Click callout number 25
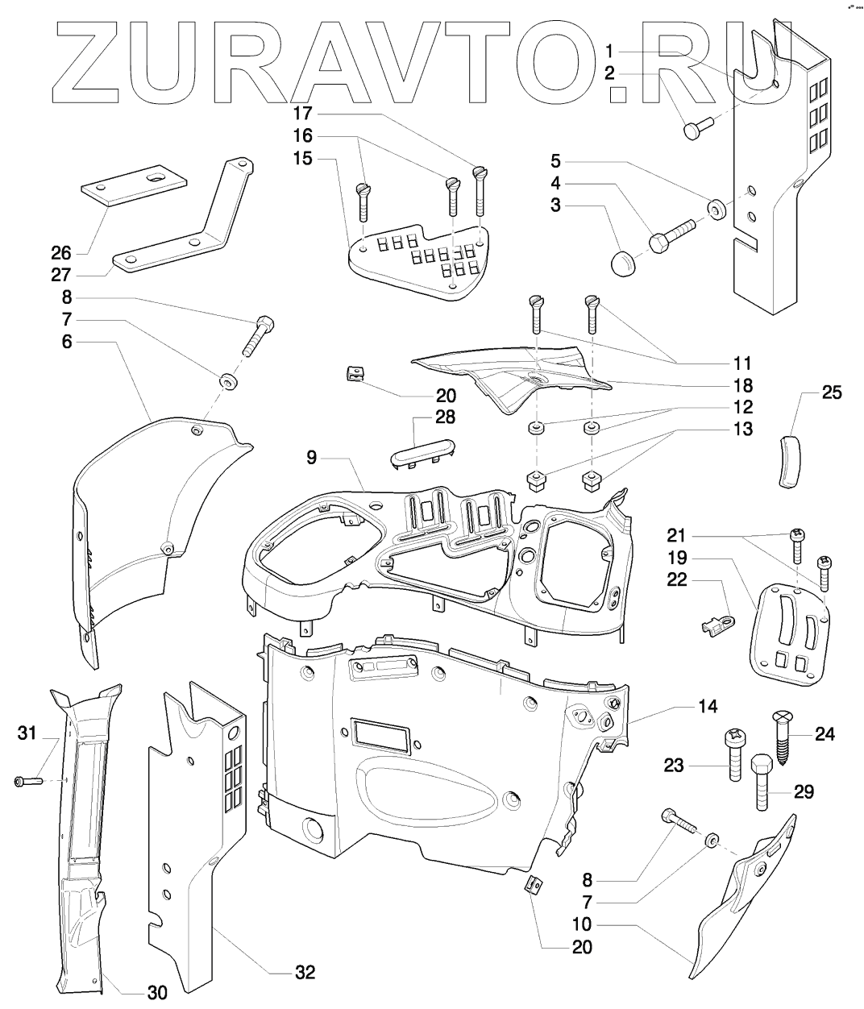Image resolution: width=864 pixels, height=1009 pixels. click(831, 393)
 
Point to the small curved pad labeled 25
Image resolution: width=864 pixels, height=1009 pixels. click(791, 460)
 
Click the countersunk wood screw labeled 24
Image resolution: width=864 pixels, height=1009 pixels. click(784, 729)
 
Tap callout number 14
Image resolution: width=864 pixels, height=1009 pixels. click(706, 706)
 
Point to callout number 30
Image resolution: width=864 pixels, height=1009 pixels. click(157, 993)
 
